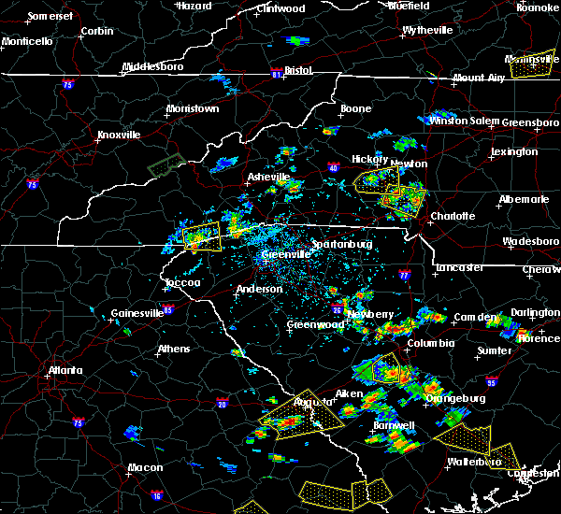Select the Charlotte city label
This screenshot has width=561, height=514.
[x=453, y=216]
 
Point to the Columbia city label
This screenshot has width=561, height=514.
[x=430, y=343]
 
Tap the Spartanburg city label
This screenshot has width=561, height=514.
[x=342, y=244]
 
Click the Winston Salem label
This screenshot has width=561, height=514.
[x=463, y=121]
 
